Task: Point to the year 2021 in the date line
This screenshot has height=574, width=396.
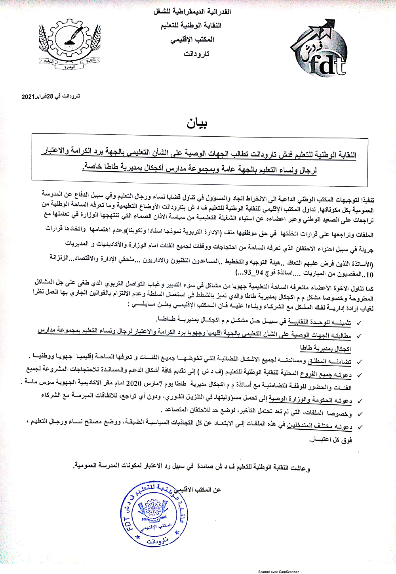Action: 28,97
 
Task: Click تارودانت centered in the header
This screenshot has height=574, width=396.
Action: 196,54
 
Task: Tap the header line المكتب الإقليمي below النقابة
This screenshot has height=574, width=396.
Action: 192,40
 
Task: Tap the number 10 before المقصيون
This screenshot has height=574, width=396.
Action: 369,274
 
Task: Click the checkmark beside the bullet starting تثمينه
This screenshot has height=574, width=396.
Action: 359,323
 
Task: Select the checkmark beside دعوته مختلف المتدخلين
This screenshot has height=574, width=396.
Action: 360,427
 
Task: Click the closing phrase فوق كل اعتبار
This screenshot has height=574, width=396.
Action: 331,440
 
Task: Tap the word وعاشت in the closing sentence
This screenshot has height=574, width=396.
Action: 301,468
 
